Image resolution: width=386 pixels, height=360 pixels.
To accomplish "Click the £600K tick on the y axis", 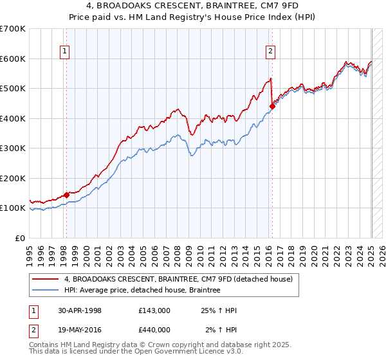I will tap(13, 59).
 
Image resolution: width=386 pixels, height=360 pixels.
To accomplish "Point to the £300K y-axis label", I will tap(13, 148).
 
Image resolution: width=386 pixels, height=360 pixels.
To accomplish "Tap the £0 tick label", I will tap(21, 238).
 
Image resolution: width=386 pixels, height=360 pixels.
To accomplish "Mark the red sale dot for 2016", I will tap(272, 107).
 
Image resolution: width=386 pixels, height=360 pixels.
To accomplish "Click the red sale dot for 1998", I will tap(67, 195).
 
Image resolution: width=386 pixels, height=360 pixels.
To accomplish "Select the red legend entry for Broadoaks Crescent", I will tap(179, 279).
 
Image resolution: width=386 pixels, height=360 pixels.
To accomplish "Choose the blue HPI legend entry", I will tap(142, 291).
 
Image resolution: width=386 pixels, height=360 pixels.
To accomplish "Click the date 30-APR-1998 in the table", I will tap(80, 310).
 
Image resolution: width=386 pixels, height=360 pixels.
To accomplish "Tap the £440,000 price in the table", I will tap(154, 330).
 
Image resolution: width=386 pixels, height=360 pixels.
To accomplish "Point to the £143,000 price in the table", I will tap(154, 310).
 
